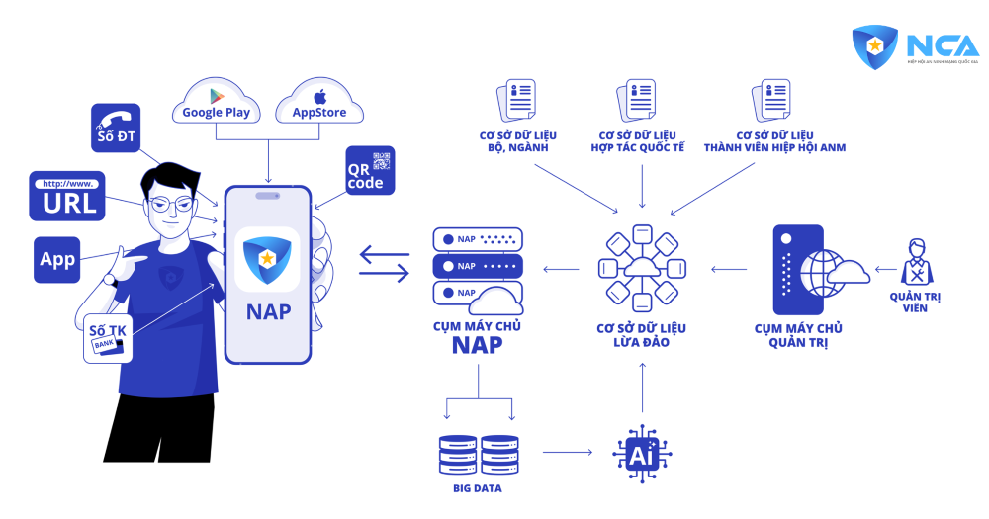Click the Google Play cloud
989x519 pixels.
[217, 105]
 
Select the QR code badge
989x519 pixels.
[370, 170]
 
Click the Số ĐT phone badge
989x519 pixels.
[118, 127]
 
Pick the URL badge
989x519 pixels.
[69, 196]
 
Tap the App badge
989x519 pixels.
[57, 260]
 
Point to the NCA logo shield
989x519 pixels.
[875, 46]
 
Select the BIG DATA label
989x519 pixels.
[479, 489]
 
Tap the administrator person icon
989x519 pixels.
[917, 261]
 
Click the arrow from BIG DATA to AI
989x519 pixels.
[567, 453]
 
